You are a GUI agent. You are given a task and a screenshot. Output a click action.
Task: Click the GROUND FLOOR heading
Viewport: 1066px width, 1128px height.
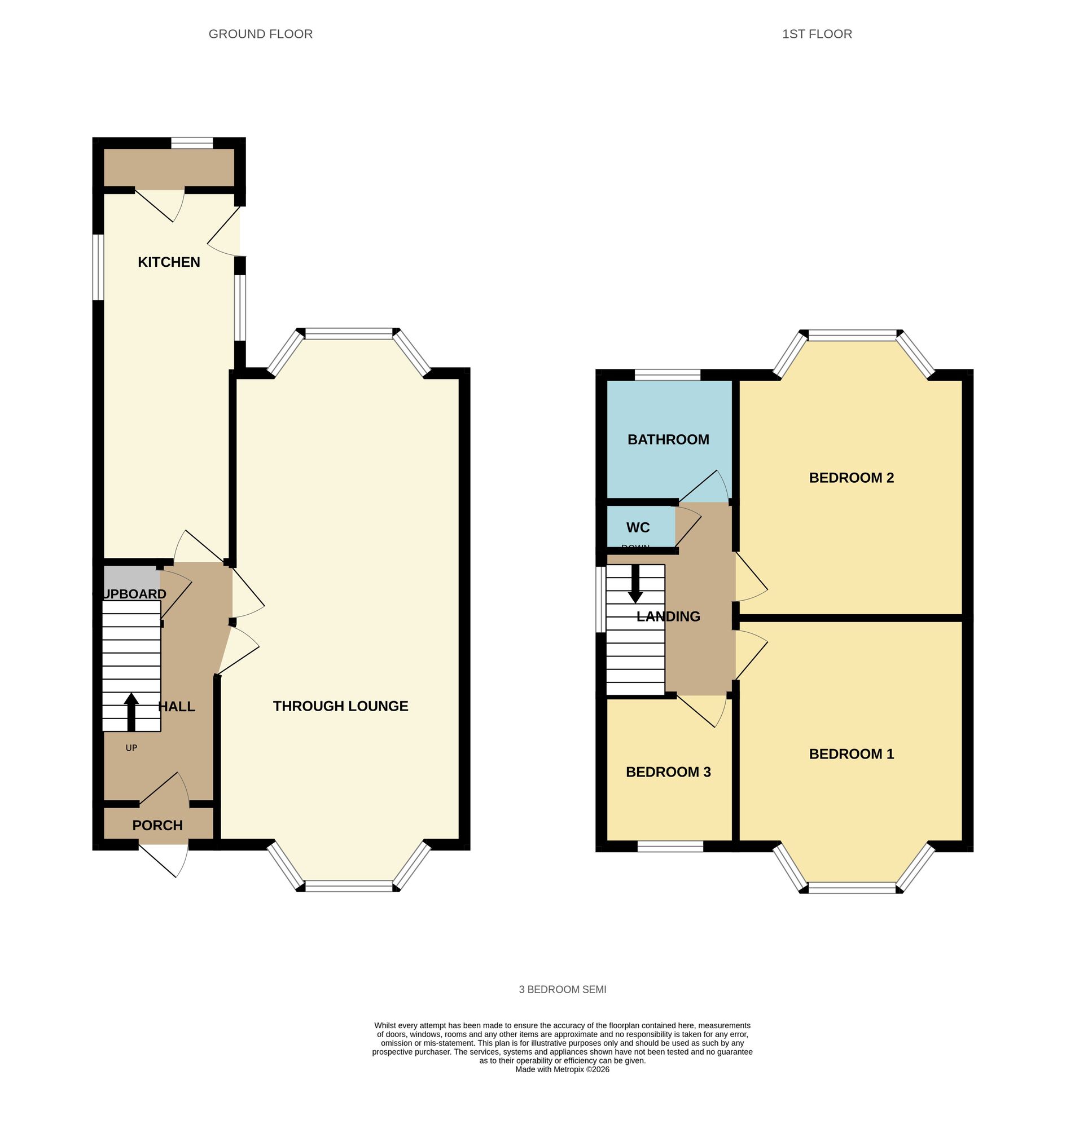coord(260,34)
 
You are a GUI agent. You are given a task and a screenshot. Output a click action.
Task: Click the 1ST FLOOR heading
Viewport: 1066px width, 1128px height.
coord(817,34)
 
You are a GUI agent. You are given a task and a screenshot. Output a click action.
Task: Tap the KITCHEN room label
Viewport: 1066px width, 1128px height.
coord(169,262)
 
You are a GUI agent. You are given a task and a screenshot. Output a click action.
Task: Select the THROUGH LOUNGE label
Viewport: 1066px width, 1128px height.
coord(340,706)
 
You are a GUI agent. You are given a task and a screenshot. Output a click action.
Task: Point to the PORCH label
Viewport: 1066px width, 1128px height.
coord(157,825)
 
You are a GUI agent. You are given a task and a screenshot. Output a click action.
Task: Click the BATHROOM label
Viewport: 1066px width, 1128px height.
coord(668,439)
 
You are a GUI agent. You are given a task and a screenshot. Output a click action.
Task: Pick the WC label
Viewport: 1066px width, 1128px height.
coord(638,527)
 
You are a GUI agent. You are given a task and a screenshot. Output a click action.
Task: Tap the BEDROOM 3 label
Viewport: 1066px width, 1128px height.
coord(668,772)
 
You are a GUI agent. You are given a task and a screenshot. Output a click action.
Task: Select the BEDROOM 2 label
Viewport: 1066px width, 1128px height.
coord(851,478)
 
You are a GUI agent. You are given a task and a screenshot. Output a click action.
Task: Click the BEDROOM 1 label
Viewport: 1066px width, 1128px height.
coord(851,754)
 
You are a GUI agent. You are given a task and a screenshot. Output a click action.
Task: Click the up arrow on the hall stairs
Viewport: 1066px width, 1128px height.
coord(131,710)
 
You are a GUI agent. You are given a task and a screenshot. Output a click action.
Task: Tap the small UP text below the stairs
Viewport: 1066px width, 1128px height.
coord(131,748)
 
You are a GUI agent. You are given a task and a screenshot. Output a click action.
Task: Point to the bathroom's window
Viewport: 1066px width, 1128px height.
coord(667,374)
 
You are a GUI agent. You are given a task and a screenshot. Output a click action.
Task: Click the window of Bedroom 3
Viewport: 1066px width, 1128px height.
coord(670,847)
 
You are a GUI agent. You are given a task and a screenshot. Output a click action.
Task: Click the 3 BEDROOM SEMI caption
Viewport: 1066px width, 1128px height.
coord(563,989)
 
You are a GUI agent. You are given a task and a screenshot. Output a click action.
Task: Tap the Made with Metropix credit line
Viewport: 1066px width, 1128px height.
coord(562,1069)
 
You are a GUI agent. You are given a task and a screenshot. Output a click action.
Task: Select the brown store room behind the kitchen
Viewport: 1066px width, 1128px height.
coord(169,167)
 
